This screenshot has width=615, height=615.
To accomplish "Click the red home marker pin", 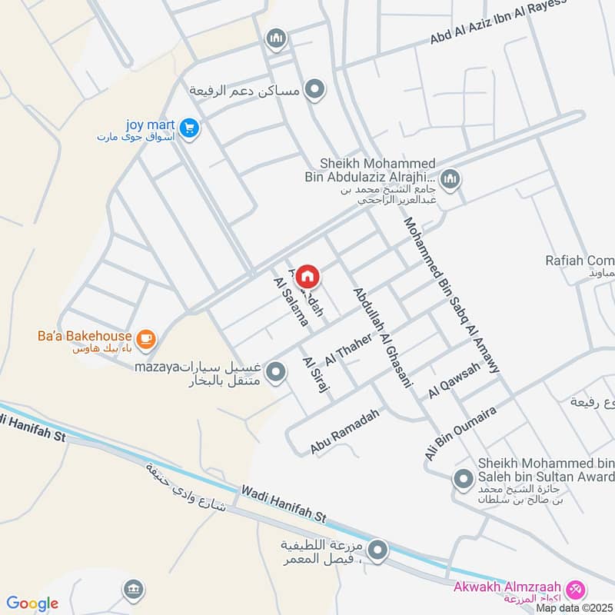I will pyautogui.click(x=307, y=275).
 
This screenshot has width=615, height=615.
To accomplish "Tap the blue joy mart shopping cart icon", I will pyautogui.click(x=190, y=128).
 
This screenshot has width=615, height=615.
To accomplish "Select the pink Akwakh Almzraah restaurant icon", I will pyautogui.click(x=574, y=590).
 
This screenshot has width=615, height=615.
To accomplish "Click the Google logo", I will pyautogui.click(x=32, y=603).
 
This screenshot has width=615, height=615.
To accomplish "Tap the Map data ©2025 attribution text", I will pyautogui.click(x=572, y=607).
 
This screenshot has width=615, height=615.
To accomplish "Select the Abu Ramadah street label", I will pyautogui.click(x=345, y=431).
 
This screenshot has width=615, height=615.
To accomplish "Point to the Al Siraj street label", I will pyautogui.click(x=316, y=374).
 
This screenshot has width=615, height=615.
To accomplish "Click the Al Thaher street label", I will pyautogui.click(x=343, y=349).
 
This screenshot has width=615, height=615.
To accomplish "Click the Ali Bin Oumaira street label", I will pyautogui.click(x=460, y=434).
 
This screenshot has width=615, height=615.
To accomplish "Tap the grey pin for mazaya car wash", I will pyautogui.click(x=275, y=374).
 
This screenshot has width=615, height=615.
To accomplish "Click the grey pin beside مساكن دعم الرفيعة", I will pyautogui.click(x=314, y=91).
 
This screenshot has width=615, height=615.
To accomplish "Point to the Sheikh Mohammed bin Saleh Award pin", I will pyautogui.click(x=463, y=480).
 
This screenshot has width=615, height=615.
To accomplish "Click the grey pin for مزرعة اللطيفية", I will pyautogui.click(x=377, y=550).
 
